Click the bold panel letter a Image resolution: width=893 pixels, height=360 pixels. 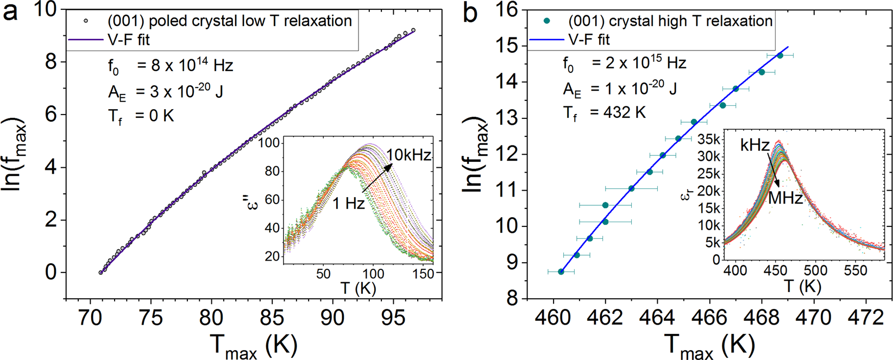click(11, 12)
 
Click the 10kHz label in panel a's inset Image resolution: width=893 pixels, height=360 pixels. click(408, 155)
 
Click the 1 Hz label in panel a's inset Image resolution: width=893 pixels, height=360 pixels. click(348, 204)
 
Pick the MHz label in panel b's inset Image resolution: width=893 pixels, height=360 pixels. click(785, 198)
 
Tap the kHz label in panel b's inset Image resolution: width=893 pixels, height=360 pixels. click(754, 145)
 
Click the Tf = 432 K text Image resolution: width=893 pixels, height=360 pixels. click(603, 113)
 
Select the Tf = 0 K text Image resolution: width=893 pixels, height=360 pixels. click(141, 116)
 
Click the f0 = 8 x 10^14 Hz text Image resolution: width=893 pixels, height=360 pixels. click(170, 66)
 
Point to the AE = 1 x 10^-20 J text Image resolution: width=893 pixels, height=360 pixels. click(619, 89)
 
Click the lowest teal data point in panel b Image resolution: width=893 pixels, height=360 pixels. click(561, 271)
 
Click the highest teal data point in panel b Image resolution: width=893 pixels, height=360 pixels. click(780, 55)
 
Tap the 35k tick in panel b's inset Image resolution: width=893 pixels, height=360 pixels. click(709, 140)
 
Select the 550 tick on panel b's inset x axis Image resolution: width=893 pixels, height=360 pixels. click(854, 270)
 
